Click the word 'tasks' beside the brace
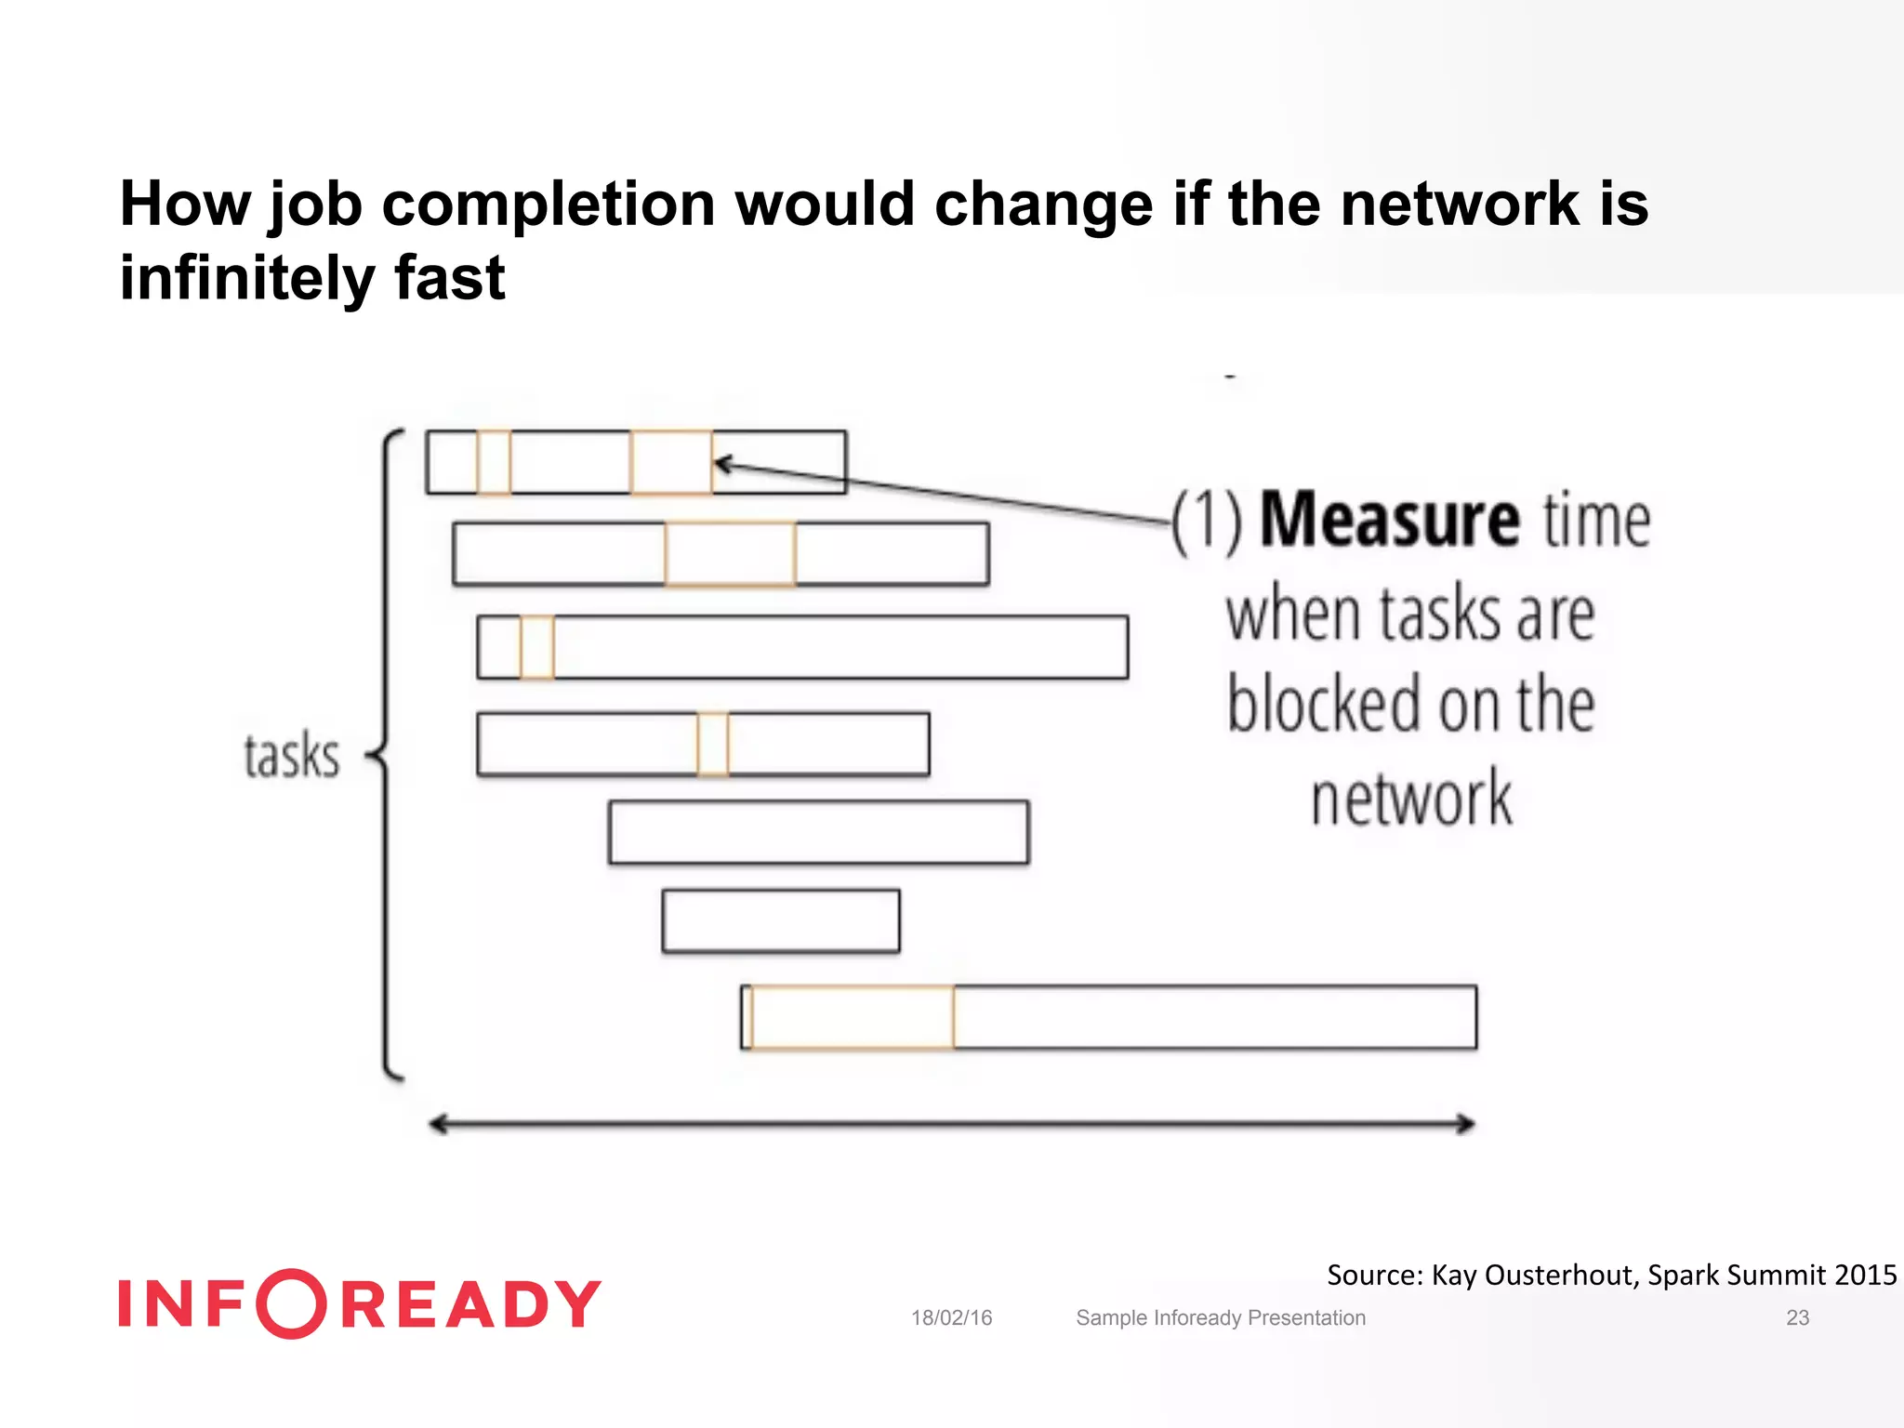(291, 755)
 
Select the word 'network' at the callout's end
(1411, 798)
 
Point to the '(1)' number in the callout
(1206, 522)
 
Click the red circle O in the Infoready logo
(292, 1303)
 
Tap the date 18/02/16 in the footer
(951, 1317)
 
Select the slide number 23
(1797, 1317)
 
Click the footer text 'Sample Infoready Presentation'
(1220, 1317)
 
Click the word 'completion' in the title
(549, 205)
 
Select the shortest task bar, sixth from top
(781, 921)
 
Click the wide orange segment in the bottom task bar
(853, 1017)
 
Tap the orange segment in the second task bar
(730, 554)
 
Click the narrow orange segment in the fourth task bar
(713, 743)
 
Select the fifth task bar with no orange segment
(818, 832)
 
